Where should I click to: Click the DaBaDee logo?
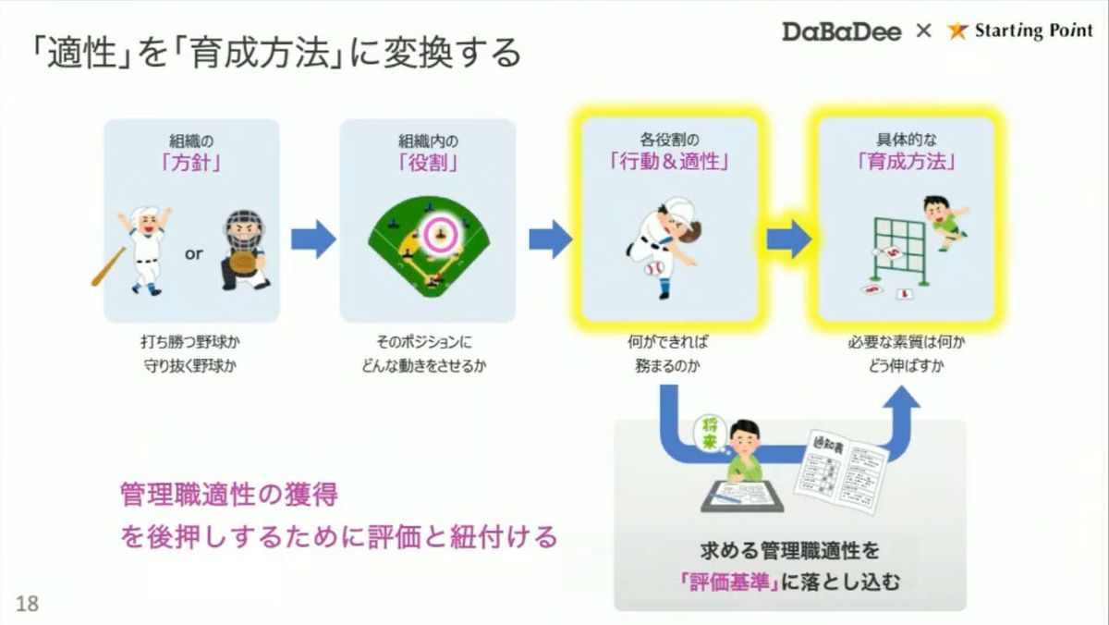pos(843,31)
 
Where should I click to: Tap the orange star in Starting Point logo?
pos(957,31)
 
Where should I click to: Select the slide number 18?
pos(28,604)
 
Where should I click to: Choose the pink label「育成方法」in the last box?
pos(906,163)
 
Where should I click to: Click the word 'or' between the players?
pos(193,253)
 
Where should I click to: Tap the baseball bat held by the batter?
pos(108,265)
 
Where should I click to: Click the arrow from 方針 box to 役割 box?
pos(313,239)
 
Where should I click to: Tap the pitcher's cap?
pos(676,206)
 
